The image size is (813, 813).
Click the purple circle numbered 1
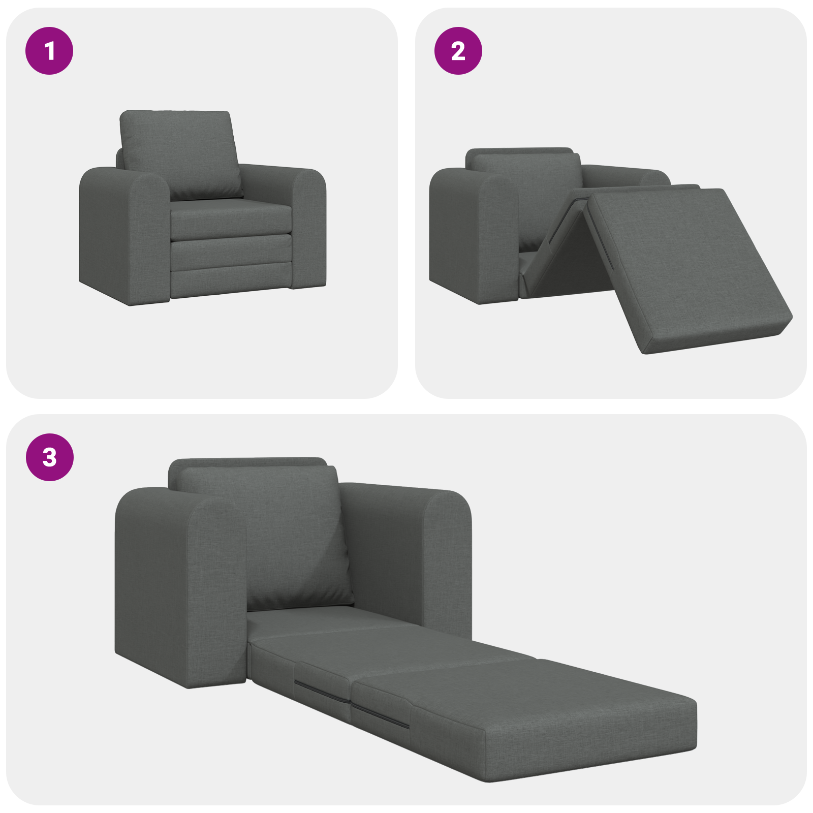(x=49, y=51)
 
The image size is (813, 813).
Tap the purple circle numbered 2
(x=458, y=51)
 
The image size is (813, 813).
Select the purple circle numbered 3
(x=49, y=457)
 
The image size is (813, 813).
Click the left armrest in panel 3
(x=178, y=584)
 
